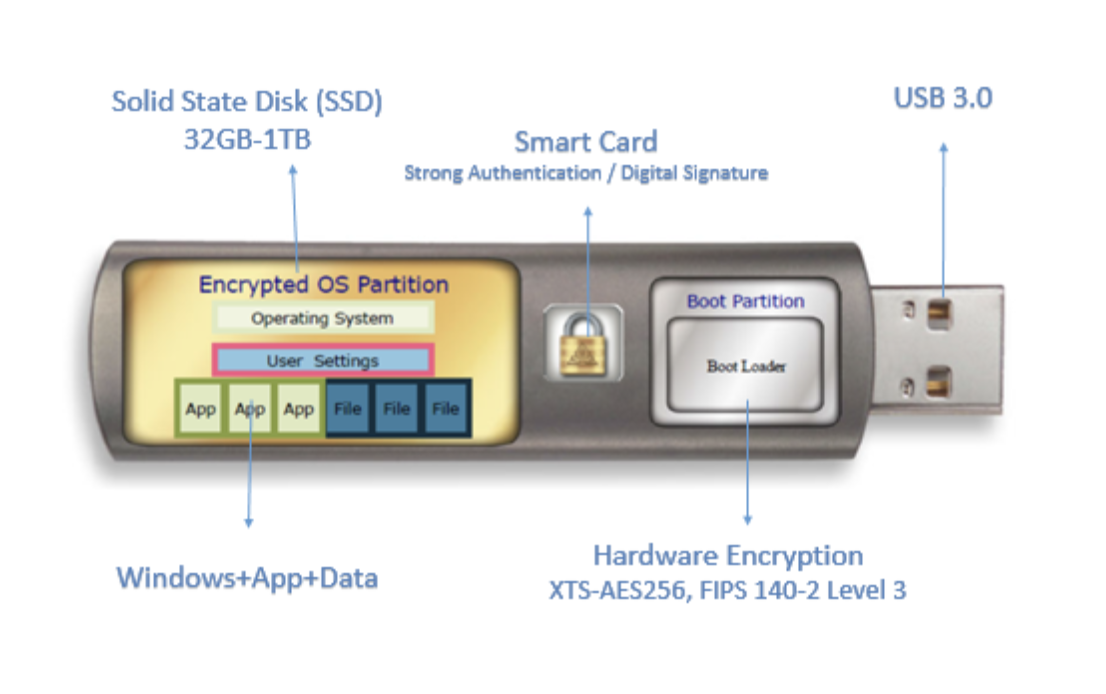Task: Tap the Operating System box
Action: point(322,318)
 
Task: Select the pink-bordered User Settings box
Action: point(322,360)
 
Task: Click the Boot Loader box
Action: point(746,366)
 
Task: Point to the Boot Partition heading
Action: point(745,301)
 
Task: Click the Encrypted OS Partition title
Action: point(323,284)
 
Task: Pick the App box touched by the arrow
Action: point(249,408)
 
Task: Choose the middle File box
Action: point(397,408)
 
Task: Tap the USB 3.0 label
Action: point(942,98)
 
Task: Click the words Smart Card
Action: point(586,141)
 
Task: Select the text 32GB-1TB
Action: point(247,139)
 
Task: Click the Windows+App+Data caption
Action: point(247,578)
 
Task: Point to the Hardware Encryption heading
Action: point(727,556)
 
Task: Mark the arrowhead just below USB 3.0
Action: point(942,148)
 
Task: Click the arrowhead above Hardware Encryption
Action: point(747,518)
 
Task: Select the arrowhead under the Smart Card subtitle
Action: point(587,212)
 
